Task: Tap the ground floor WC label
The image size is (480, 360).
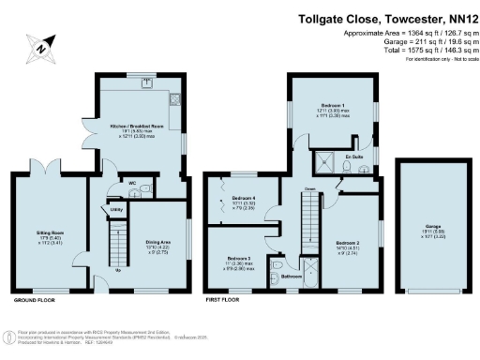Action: click(132, 183)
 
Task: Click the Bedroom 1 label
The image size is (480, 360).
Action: click(332, 105)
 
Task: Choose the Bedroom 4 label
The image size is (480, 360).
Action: click(244, 199)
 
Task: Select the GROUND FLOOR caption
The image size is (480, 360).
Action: click(35, 301)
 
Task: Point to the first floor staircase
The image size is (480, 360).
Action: click(307, 224)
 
